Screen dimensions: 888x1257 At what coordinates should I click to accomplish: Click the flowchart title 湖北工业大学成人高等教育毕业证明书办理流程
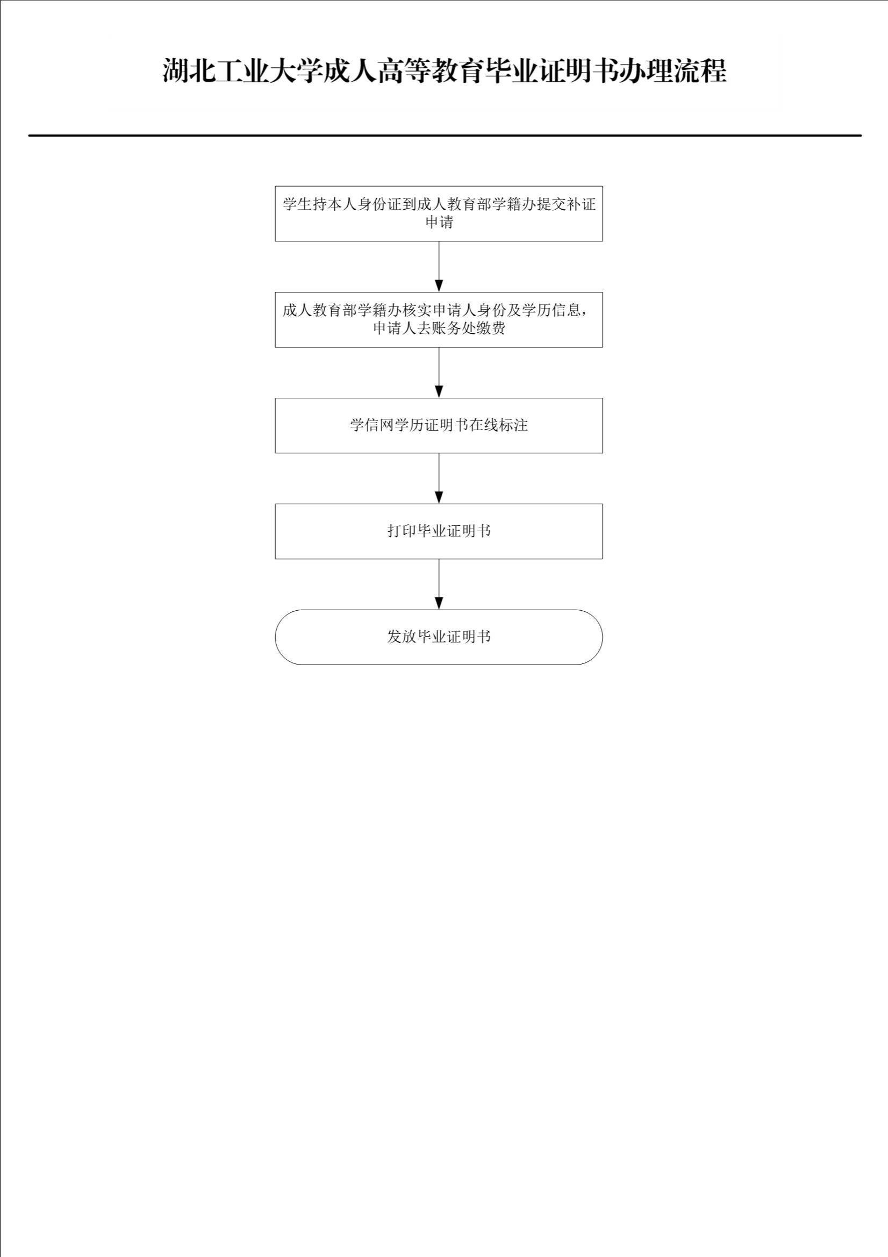click(444, 70)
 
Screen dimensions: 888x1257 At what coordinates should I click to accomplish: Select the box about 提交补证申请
click(439, 213)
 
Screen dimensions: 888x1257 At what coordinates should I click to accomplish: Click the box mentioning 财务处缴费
click(439, 320)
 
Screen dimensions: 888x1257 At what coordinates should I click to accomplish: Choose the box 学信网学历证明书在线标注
click(439, 425)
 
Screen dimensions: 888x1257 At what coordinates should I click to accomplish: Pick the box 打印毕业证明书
click(439, 531)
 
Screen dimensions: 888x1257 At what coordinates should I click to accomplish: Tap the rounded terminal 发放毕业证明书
click(439, 637)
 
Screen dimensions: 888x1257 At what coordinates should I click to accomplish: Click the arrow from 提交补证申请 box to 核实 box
click(439, 267)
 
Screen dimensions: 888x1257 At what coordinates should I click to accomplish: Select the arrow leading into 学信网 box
click(439, 373)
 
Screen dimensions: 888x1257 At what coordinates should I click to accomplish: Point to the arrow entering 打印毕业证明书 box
click(439, 478)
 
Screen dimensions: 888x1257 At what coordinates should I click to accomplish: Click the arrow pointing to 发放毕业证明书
click(439, 584)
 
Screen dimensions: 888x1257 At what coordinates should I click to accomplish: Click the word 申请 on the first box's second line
click(439, 222)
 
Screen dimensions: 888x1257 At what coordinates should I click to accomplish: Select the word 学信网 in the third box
click(372, 425)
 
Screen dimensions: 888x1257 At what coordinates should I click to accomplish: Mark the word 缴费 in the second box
click(491, 328)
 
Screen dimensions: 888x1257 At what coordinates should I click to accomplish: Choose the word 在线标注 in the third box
click(498, 425)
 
